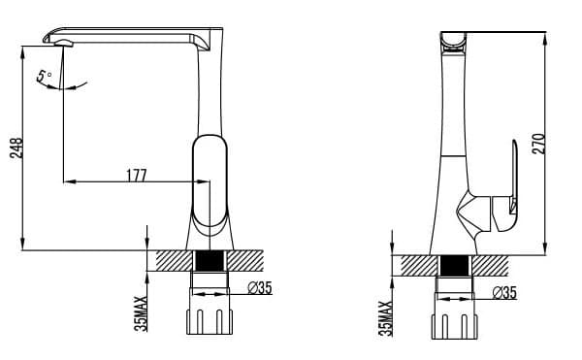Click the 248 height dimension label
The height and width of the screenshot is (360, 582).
point(16,148)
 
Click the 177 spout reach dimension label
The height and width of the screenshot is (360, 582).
point(137,176)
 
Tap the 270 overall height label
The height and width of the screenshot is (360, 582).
point(538,144)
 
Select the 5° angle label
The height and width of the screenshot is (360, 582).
point(44,76)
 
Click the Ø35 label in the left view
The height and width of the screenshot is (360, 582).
point(260,287)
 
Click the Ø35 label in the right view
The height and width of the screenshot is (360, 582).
point(504,293)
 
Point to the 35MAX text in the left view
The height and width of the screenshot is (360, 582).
point(141,313)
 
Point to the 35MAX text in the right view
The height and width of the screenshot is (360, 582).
point(386,318)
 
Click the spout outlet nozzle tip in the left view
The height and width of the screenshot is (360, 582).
point(64,44)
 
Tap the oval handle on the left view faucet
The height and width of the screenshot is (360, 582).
point(210,180)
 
